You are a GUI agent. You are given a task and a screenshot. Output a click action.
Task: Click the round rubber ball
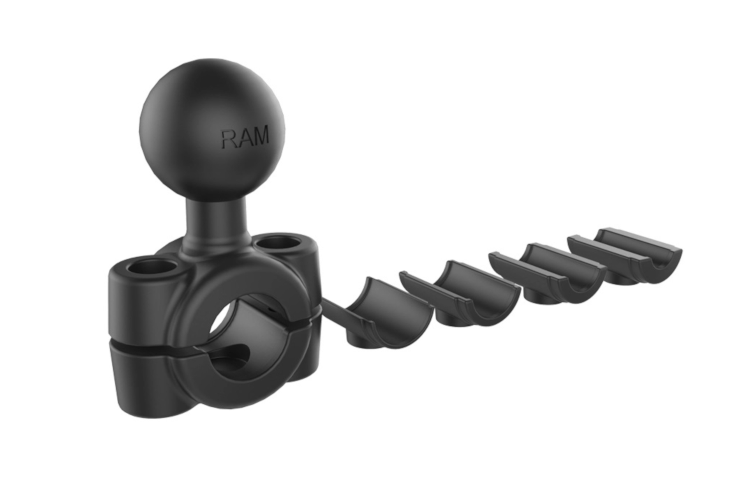[212, 129]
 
